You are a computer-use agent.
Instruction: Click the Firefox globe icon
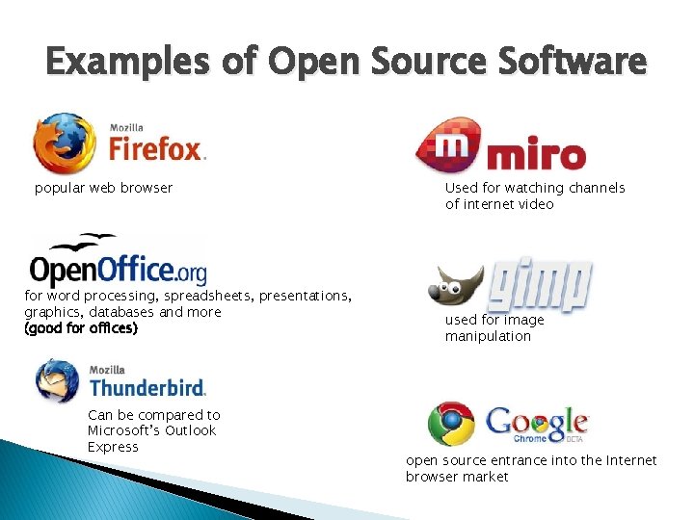64,143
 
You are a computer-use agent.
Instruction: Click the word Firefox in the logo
156,149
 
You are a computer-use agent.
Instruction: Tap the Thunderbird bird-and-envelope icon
58,379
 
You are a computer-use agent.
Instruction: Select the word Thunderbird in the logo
147,387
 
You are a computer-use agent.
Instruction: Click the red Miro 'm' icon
451,146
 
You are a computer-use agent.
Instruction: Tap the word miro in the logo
536,155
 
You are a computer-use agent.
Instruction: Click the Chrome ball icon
451,425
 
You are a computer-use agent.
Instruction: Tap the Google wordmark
537,421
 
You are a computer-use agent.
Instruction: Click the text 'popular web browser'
103,188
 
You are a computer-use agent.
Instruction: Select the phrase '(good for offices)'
81,328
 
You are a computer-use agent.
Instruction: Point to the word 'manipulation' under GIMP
488,336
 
